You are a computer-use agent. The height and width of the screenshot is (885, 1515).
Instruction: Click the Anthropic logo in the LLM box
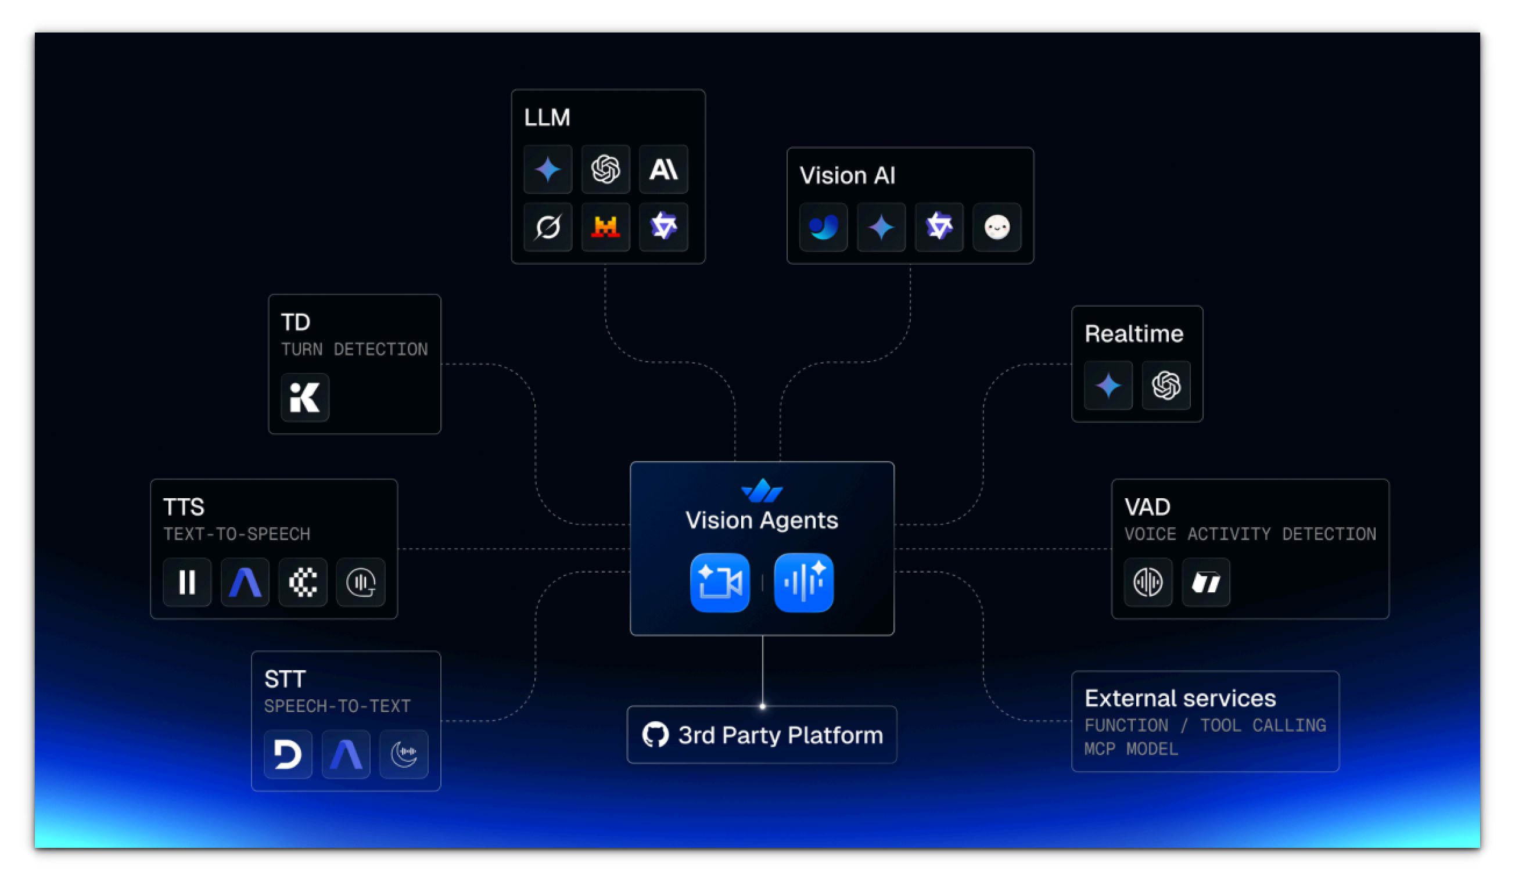pyautogui.click(x=663, y=170)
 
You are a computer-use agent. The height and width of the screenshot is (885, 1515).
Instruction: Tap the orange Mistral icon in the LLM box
pyautogui.click(x=605, y=227)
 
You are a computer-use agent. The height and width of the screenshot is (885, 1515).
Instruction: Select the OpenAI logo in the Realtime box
pyautogui.click(x=1166, y=385)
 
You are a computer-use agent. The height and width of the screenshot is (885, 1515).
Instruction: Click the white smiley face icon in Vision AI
pyautogui.click(x=997, y=227)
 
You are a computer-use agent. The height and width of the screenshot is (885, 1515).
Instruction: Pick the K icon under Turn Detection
pyautogui.click(x=305, y=397)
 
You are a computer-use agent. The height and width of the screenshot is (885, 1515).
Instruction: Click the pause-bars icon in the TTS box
pyautogui.click(x=187, y=582)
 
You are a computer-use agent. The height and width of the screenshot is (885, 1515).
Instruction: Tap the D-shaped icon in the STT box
pyautogui.click(x=288, y=754)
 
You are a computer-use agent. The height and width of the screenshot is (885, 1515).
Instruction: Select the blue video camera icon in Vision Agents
pyautogui.click(x=720, y=582)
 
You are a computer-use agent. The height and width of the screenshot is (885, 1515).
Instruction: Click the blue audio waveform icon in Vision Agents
pyautogui.click(x=804, y=582)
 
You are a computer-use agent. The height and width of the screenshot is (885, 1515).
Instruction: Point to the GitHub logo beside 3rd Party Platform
pyautogui.click(x=655, y=734)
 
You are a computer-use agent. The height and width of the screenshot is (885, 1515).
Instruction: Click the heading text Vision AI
pyautogui.click(x=847, y=175)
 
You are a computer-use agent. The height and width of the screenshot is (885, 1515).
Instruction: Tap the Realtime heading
pyautogui.click(x=1134, y=333)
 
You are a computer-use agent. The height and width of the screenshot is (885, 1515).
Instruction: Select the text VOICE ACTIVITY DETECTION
pyautogui.click(x=1250, y=534)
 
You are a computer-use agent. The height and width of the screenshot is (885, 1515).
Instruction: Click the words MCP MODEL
pyautogui.click(x=1131, y=749)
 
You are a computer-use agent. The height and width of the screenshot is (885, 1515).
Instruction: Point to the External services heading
pyautogui.click(x=1180, y=698)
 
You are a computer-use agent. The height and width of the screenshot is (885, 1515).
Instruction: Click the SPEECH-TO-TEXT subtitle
pyautogui.click(x=338, y=706)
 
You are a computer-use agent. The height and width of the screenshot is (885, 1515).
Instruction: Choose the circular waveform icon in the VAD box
pyautogui.click(x=1148, y=582)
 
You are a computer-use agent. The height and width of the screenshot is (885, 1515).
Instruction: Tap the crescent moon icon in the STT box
pyautogui.click(x=403, y=754)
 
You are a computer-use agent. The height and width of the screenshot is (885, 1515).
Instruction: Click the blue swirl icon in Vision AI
pyautogui.click(x=823, y=227)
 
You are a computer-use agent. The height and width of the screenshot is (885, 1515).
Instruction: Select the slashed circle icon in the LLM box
pyautogui.click(x=548, y=227)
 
